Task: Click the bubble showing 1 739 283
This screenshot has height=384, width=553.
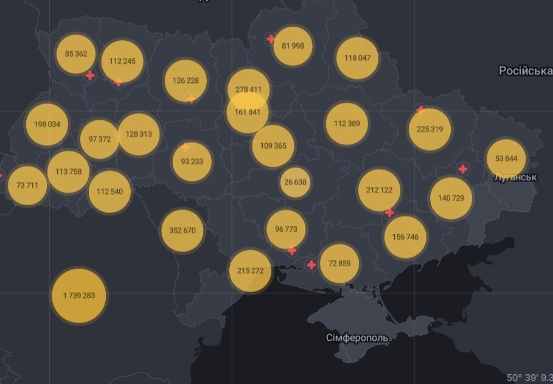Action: point(78,295)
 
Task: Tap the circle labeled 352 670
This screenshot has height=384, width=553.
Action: point(183,230)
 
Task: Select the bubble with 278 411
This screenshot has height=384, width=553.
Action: point(248,89)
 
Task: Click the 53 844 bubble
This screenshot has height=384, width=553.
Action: point(506,158)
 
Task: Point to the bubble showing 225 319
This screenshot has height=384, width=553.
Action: point(430,129)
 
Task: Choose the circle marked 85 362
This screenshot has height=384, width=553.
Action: point(76,54)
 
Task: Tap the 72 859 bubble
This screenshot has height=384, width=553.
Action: point(339,264)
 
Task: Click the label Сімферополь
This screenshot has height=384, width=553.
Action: point(356,337)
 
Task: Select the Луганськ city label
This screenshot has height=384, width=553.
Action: point(515,177)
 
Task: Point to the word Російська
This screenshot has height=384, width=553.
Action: point(525,71)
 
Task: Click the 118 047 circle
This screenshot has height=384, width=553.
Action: point(358,58)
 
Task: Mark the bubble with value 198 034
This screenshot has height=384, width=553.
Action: point(47,124)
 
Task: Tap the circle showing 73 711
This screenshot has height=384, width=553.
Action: point(27,184)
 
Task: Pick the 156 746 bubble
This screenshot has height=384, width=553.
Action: point(406,237)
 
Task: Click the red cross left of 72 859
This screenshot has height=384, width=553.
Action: point(311,265)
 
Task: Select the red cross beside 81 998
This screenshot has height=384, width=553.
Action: point(271,40)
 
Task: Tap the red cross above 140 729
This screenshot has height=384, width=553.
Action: point(463,169)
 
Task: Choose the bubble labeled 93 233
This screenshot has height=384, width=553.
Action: point(192,161)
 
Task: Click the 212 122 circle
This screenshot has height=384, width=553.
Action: point(379,190)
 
